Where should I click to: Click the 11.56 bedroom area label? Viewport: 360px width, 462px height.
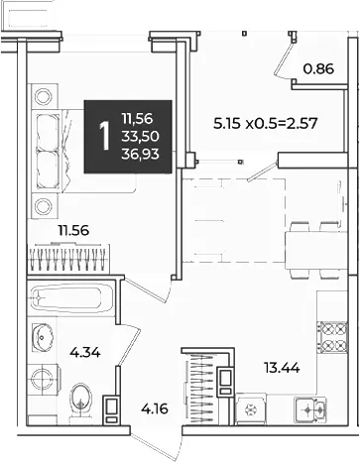coord(73,230)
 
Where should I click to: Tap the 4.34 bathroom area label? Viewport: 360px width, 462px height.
coord(85,353)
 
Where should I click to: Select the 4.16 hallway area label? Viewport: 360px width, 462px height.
coord(155,409)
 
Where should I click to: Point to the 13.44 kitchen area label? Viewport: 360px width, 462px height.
coord(282,368)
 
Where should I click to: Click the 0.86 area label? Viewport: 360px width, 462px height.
coord(318,69)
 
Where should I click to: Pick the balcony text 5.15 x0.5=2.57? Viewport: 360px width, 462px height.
coord(266,124)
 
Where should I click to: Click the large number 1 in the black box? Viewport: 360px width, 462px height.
coord(105,136)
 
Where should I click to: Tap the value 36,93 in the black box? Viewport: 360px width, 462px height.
coord(141,154)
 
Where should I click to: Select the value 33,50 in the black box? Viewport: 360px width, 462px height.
coord(141,136)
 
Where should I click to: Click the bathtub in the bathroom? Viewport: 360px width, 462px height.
coord(71,298)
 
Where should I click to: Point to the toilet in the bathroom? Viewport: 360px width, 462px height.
coord(80,402)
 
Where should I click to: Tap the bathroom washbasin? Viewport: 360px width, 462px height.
coord(43,337)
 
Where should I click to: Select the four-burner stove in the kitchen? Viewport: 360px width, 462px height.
coord(332,337)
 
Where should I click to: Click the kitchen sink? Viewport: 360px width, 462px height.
coord(310,409)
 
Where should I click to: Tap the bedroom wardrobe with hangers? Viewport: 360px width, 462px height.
coord(68,259)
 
